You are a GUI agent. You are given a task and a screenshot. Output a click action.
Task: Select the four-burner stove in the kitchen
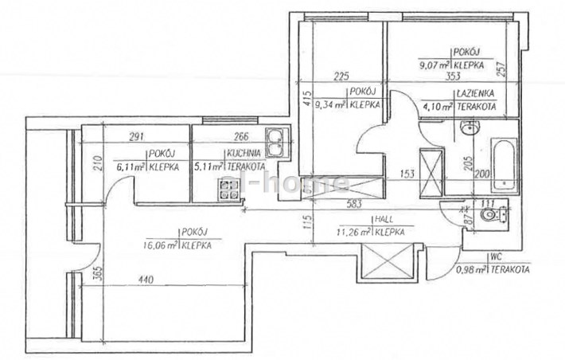(x=229, y=190)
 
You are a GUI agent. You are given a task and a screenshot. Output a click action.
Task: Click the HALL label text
(x=387, y=221)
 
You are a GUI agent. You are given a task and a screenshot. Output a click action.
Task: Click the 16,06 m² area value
(x=163, y=246)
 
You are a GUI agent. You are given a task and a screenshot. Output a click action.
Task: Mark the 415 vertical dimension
(x=306, y=102)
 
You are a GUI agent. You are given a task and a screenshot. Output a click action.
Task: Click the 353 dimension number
(x=454, y=76)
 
